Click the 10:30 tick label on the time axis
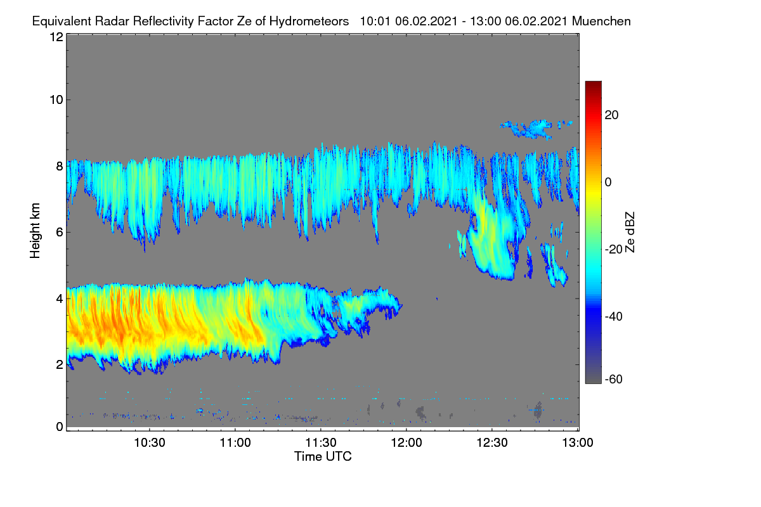(150, 443)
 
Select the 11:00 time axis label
(235, 443)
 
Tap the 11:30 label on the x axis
(321, 443)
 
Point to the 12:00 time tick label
(407, 443)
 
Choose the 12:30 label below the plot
(492, 443)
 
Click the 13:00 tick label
(578, 443)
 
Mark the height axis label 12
(56, 37)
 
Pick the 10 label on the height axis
(56, 100)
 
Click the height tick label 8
(60, 167)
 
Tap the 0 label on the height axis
(60, 427)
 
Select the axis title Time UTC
(323, 457)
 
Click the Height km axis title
(35, 231)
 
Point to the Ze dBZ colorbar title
(630, 233)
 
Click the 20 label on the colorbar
(611, 115)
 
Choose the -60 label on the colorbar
(614, 379)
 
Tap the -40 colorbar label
(614, 316)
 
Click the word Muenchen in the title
(601, 22)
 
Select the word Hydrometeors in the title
(309, 22)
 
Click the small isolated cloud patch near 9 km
(535, 129)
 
